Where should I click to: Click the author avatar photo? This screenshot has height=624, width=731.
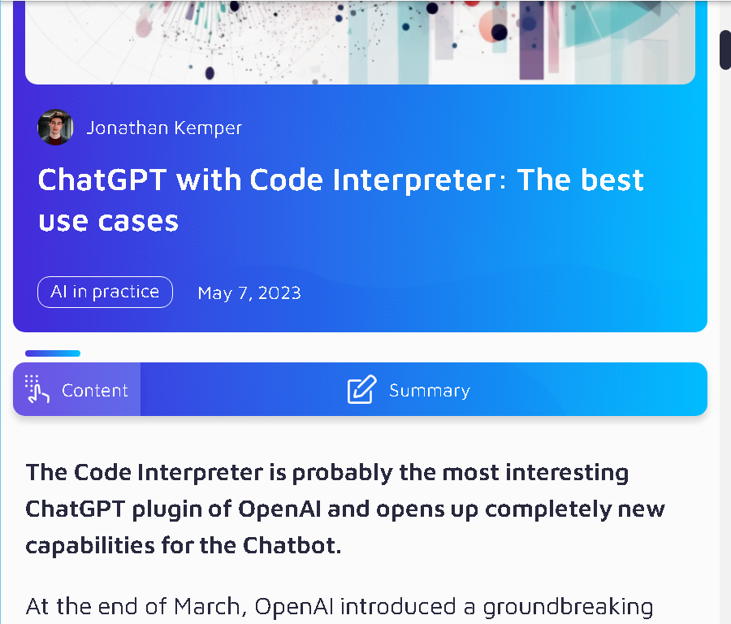coord(55,128)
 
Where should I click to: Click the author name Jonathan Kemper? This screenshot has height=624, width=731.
coord(164,128)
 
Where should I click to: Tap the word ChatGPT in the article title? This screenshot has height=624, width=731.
coord(102,180)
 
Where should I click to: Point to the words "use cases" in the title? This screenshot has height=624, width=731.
coord(108,221)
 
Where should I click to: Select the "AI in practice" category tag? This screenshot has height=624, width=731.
coord(105,292)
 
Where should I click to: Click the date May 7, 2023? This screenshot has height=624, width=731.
coord(249,293)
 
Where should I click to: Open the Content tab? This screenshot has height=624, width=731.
coord(77,389)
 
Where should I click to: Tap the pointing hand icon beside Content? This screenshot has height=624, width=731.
coord(37,388)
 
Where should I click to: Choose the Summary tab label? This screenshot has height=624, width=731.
coord(430,391)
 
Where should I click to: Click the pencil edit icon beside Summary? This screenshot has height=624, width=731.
coord(361,389)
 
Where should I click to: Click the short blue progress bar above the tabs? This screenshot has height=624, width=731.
coord(53,353)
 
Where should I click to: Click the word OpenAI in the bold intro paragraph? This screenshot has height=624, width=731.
coord(279,509)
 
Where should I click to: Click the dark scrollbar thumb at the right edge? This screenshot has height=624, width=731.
coord(725,50)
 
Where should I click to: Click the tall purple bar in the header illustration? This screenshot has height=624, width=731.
coord(531,41)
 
